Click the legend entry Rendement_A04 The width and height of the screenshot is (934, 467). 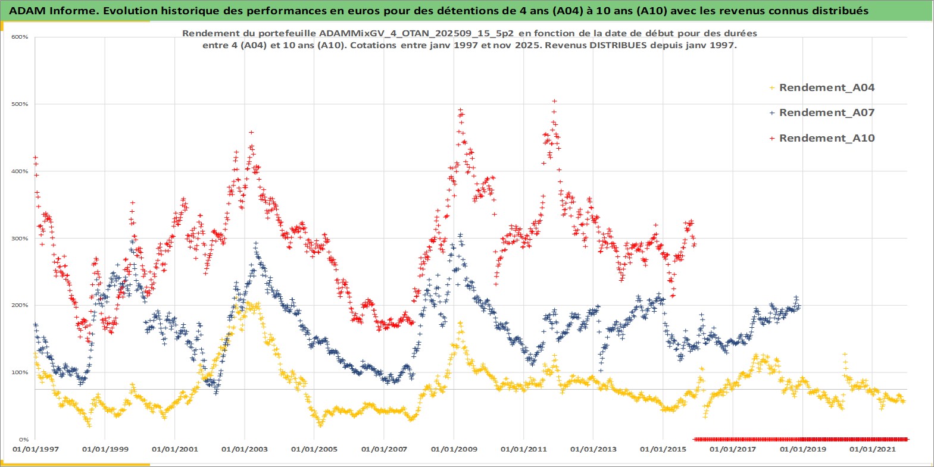tap(826, 87)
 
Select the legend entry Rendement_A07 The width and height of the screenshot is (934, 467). tap(826, 112)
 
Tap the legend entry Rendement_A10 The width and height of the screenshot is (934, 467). tap(826, 138)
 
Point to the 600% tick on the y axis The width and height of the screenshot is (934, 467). tap(20, 37)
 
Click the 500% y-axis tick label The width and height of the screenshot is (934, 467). tap(20, 104)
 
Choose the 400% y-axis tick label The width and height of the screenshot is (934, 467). tap(20, 171)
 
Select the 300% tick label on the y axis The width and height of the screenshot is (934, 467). tap(20, 239)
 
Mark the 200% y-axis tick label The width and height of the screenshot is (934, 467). tap(20, 305)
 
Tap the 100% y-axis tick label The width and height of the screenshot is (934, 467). tap(20, 372)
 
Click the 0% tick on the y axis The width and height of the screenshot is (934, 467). tap(23, 440)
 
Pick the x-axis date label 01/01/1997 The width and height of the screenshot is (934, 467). tap(36, 449)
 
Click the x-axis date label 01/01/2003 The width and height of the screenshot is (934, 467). tap(245, 449)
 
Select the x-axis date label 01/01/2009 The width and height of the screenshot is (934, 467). tap(454, 449)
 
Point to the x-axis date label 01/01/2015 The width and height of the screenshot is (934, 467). tap(663, 449)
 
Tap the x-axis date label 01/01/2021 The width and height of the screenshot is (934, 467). tap(872, 449)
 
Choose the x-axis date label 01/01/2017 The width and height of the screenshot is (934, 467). tap(733, 449)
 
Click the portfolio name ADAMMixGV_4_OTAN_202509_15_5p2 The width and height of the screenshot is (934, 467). tap(417, 33)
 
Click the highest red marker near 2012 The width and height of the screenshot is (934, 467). tap(554, 101)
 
